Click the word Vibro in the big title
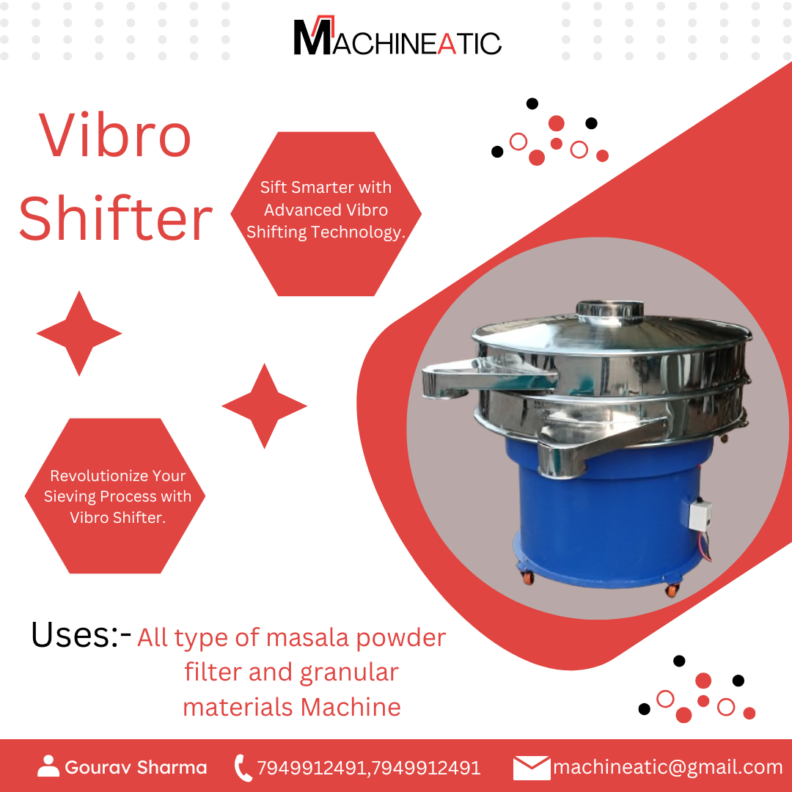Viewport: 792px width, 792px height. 115,136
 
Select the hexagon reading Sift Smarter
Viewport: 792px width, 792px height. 326,213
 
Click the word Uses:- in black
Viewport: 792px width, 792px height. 81,635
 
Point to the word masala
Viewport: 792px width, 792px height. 308,637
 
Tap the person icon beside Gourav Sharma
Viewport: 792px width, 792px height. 48,766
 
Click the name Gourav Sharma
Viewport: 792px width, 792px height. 136,768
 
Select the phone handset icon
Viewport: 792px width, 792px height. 243,768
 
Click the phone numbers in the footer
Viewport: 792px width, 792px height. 368,768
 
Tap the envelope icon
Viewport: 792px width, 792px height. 531,768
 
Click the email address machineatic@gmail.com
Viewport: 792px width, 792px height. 667,768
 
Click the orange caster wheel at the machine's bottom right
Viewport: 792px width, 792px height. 671,589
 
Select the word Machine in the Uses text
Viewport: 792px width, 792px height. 351,707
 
